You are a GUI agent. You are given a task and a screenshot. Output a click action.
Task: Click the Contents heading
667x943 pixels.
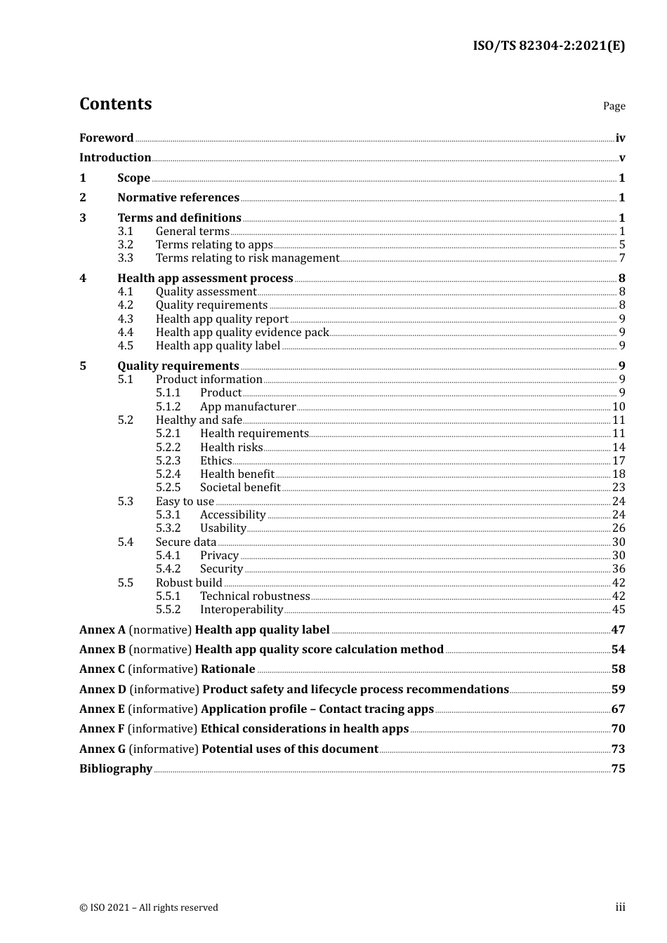pyautogui.click(x=115, y=104)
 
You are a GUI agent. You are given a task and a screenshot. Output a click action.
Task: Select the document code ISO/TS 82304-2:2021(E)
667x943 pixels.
pyautogui.click(x=548, y=46)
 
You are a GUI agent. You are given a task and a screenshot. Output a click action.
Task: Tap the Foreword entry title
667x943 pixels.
pyautogui.click(x=106, y=138)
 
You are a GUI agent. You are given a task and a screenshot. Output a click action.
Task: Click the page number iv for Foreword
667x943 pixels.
pyautogui.click(x=620, y=138)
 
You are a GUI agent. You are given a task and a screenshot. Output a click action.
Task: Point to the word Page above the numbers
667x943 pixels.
pyautogui.click(x=614, y=106)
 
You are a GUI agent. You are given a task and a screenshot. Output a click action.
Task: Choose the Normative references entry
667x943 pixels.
pyautogui.click(x=178, y=198)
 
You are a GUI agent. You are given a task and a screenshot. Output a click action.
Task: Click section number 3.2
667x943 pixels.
pyautogui.click(x=125, y=245)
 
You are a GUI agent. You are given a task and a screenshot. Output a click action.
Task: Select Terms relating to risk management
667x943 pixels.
pyautogui.click(x=247, y=258)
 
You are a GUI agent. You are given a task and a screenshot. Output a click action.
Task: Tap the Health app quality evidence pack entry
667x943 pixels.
pyautogui.click(x=242, y=333)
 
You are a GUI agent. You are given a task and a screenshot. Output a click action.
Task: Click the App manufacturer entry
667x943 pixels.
pyautogui.click(x=248, y=407)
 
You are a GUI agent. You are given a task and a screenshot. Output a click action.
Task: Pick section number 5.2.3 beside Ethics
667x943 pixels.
pyautogui.click(x=168, y=461)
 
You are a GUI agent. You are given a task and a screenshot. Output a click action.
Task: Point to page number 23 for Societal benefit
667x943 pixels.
pyautogui.click(x=619, y=488)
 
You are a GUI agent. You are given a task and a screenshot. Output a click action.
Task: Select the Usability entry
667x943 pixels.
pyautogui.click(x=223, y=528)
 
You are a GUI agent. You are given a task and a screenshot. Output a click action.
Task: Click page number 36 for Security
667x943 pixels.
pyautogui.click(x=619, y=569)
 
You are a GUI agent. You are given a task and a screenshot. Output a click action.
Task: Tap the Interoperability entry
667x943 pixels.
pyautogui.click(x=241, y=610)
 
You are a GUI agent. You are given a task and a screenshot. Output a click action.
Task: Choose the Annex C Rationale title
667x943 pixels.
pyautogui.click(x=167, y=669)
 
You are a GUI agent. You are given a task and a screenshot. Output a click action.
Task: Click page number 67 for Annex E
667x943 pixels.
pyautogui.click(x=618, y=709)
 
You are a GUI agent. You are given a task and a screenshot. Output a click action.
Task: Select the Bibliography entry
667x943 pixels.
pyautogui.click(x=116, y=769)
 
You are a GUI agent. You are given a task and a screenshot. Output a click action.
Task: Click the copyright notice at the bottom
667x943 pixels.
pyautogui.click(x=149, y=908)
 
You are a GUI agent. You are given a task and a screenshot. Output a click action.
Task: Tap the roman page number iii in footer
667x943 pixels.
pyautogui.click(x=620, y=907)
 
